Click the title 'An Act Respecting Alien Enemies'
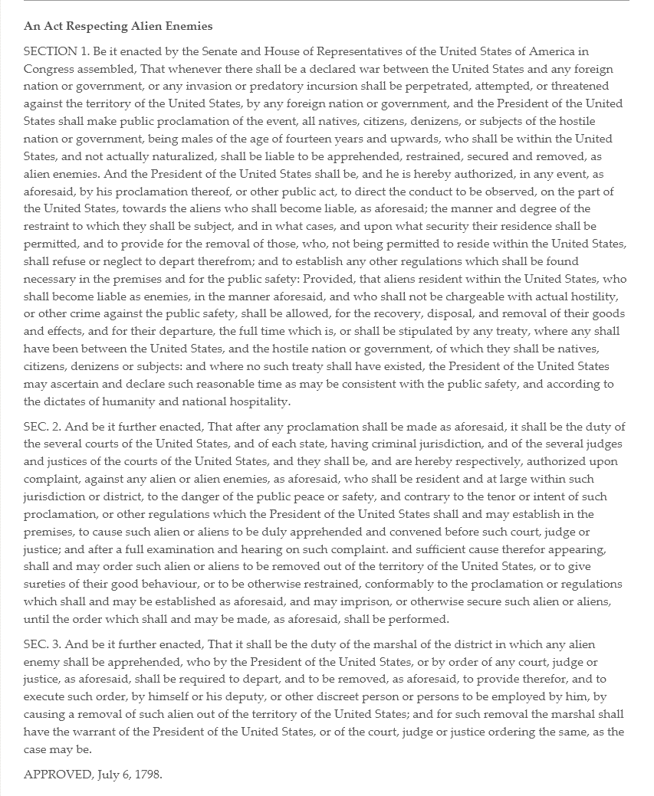(118, 26)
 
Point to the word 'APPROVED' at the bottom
(58, 774)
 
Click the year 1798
(148, 774)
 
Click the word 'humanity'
(113, 401)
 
